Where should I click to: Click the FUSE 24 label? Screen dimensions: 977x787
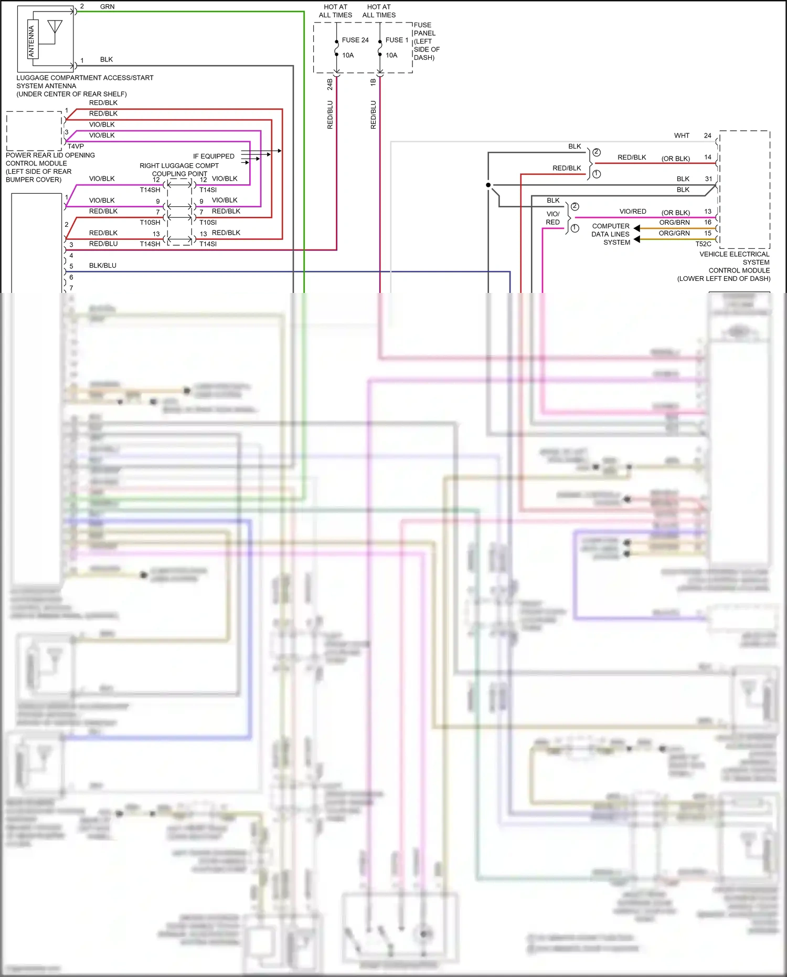tap(355, 40)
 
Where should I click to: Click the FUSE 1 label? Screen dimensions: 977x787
tap(397, 40)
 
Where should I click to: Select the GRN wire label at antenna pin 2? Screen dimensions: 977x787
tap(107, 7)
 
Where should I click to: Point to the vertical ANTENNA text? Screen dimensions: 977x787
tap(31, 41)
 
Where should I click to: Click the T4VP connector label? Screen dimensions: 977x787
tap(76, 146)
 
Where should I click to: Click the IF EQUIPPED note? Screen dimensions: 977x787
tap(214, 156)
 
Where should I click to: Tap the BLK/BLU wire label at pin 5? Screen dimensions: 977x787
tap(103, 266)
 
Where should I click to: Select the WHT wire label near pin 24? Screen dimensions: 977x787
tap(682, 135)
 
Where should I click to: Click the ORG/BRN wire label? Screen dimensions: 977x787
tap(674, 223)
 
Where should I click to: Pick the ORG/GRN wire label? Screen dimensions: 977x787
tap(674, 233)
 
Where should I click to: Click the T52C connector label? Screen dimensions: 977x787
tap(703, 244)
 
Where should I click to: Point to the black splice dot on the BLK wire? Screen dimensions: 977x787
tap(488, 185)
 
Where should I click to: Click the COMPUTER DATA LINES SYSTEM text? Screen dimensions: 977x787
tap(611, 234)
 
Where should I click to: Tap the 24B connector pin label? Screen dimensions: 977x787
tap(330, 85)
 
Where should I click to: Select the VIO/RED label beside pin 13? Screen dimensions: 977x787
tap(633, 212)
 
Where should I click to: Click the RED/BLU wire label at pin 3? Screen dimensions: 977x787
tap(103, 244)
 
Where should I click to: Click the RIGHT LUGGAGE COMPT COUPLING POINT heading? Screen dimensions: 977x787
tap(179, 170)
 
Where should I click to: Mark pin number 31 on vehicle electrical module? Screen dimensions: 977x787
tap(708, 179)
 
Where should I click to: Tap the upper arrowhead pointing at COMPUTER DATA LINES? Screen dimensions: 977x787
tap(637, 228)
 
